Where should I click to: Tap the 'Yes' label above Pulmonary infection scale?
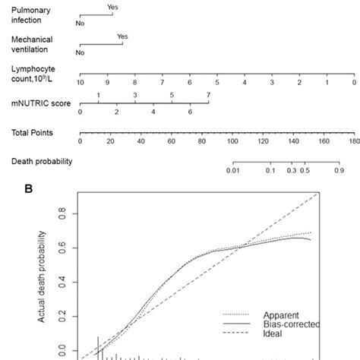[112, 6]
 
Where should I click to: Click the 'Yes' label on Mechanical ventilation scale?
[122, 35]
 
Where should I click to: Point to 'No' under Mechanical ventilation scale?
[80, 52]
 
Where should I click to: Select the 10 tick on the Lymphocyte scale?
[80, 81]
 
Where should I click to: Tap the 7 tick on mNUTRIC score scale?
[208, 95]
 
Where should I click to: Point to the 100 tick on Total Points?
[232, 141]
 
